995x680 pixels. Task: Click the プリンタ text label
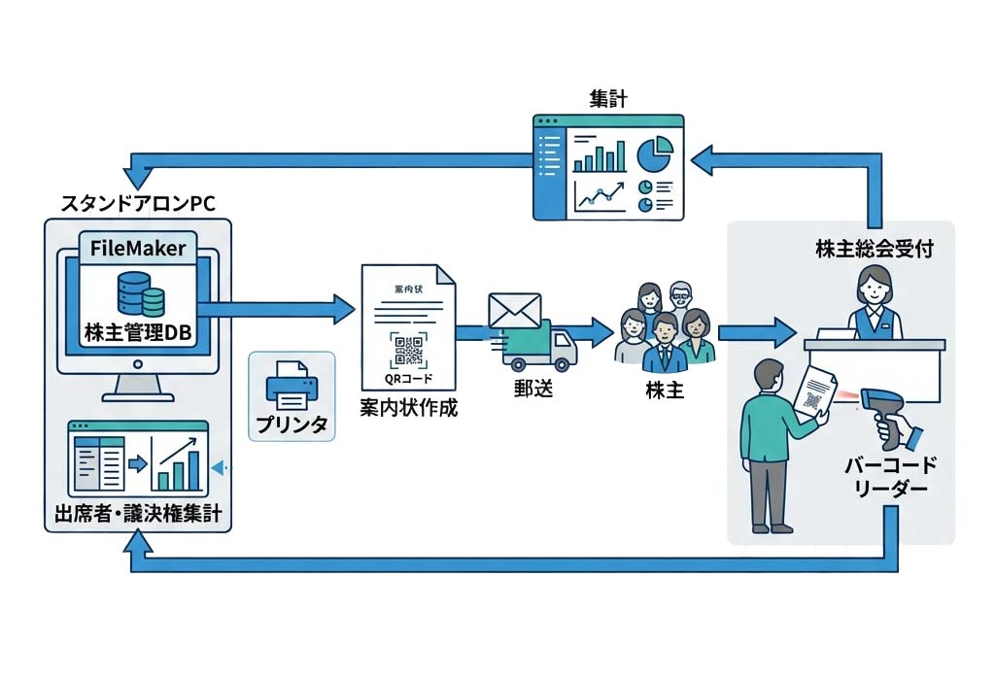292,425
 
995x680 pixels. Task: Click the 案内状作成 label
408,408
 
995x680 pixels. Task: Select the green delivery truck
538,347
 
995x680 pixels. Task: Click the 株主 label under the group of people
668,391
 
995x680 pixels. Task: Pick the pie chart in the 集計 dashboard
655,153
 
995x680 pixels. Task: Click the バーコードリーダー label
884,478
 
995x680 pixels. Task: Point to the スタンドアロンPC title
138,204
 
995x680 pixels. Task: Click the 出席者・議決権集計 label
138,513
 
